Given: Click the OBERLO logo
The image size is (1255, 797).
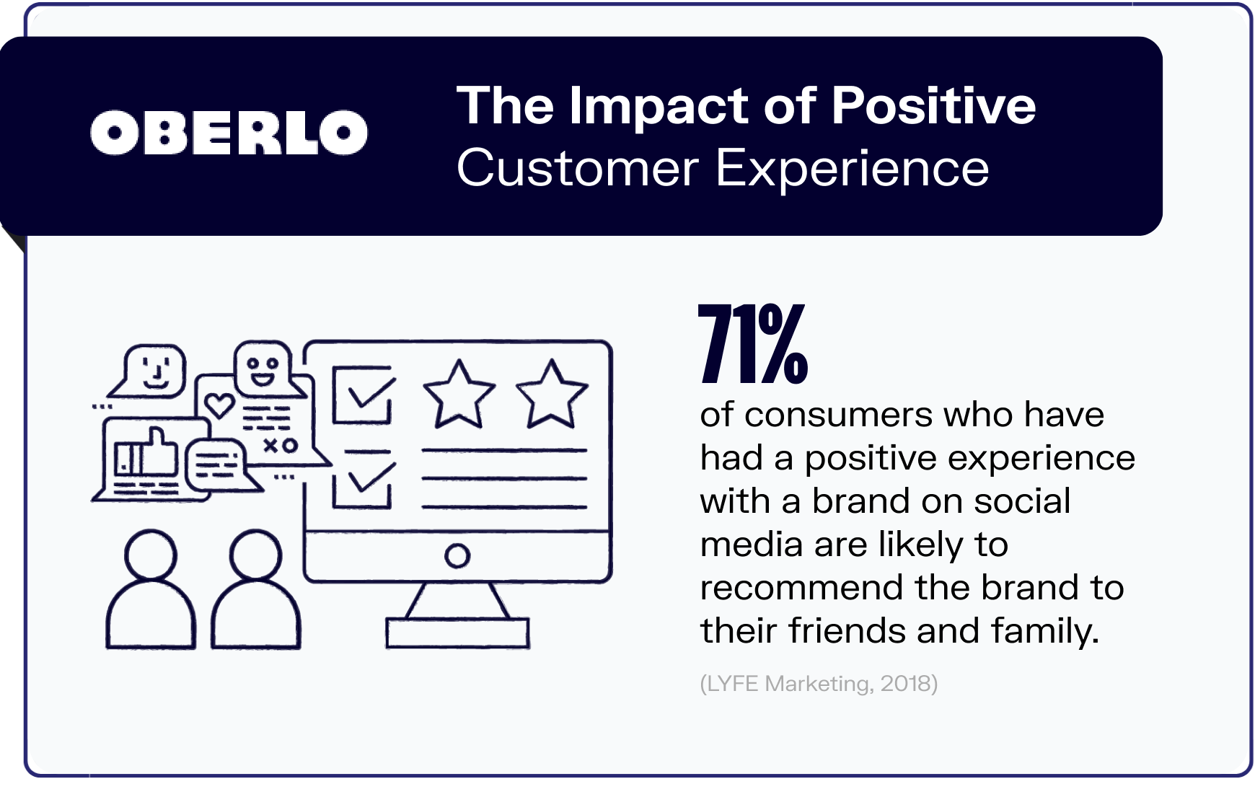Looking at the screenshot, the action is tap(229, 133).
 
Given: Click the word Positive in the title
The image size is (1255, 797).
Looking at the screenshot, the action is tap(933, 107).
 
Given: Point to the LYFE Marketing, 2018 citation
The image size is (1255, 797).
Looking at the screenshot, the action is tap(819, 683).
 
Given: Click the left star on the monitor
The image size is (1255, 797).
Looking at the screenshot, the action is tap(459, 395).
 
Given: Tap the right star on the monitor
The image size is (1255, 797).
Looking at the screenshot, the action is tap(552, 395).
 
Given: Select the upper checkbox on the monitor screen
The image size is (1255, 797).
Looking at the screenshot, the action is tap(363, 395).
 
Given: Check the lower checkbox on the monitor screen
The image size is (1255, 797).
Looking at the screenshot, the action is tap(363, 480).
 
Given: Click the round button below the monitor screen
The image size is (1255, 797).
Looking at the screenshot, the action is tap(457, 555).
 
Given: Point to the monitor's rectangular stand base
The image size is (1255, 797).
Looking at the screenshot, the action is tap(457, 633).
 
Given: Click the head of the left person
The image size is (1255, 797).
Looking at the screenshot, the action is tap(150, 555).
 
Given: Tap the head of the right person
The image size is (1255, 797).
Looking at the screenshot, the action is tap(255, 555).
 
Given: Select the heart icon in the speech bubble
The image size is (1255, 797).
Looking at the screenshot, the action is tap(219, 405).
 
